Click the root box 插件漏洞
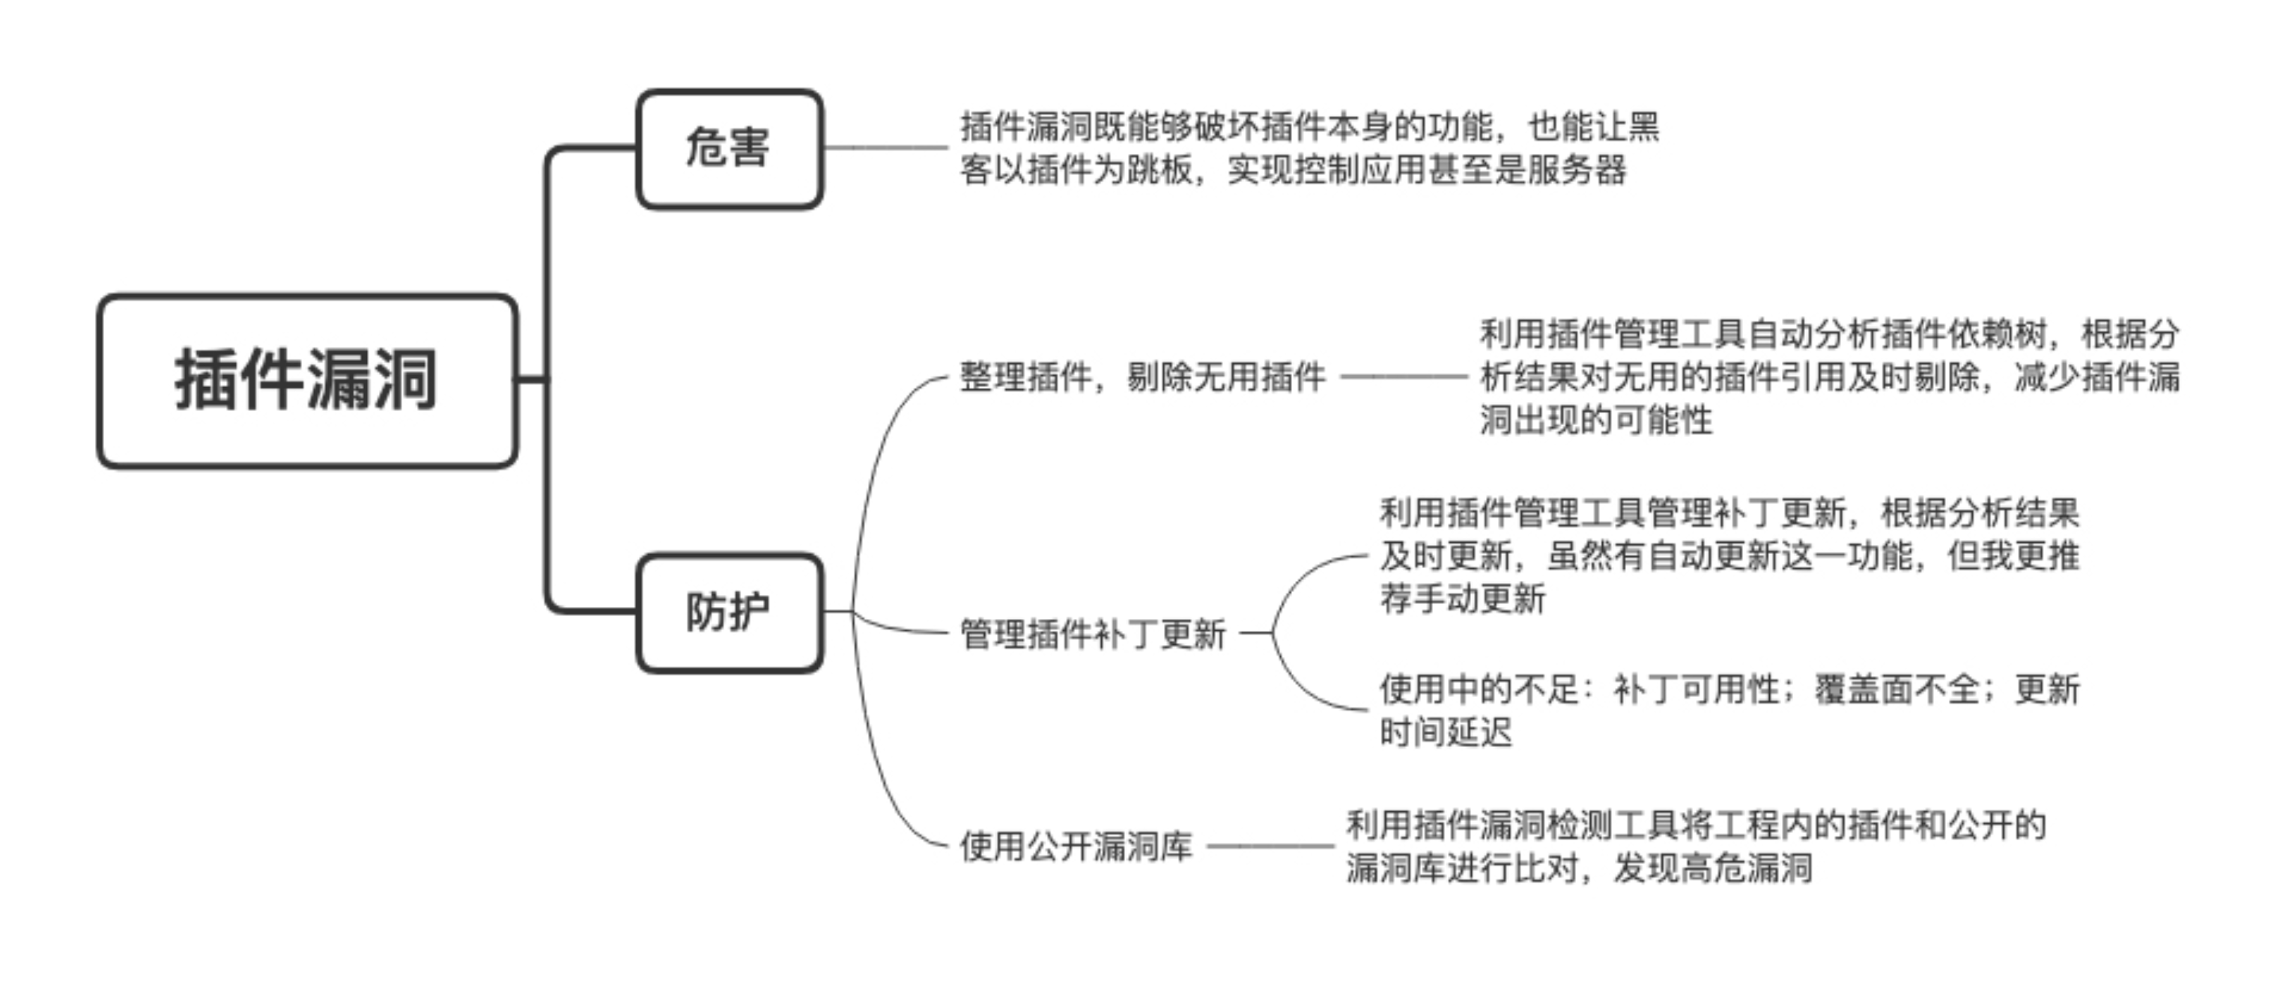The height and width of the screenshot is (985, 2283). (x=306, y=380)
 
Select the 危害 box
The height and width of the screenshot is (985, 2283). (x=729, y=149)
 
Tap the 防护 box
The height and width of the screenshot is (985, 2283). (x=729, y=612)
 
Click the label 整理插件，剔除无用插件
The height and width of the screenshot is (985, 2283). (x=1141, y=377)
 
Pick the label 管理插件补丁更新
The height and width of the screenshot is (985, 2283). (x=1093, y=634)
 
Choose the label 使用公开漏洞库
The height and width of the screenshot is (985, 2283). (x=1076, y=846)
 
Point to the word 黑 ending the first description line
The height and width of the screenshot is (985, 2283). (x=1643, y=126)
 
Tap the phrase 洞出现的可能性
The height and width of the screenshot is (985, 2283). (x=1595, y=420)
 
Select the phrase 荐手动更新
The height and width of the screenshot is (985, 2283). (x=1462, y=599)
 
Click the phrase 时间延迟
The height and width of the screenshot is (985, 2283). (x=1446, y=733)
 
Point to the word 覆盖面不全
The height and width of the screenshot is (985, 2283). (x=1896, y=689)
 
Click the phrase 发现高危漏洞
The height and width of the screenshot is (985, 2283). (x=1712, y=868)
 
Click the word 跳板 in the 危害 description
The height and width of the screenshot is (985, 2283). (x=1159, y=169)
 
